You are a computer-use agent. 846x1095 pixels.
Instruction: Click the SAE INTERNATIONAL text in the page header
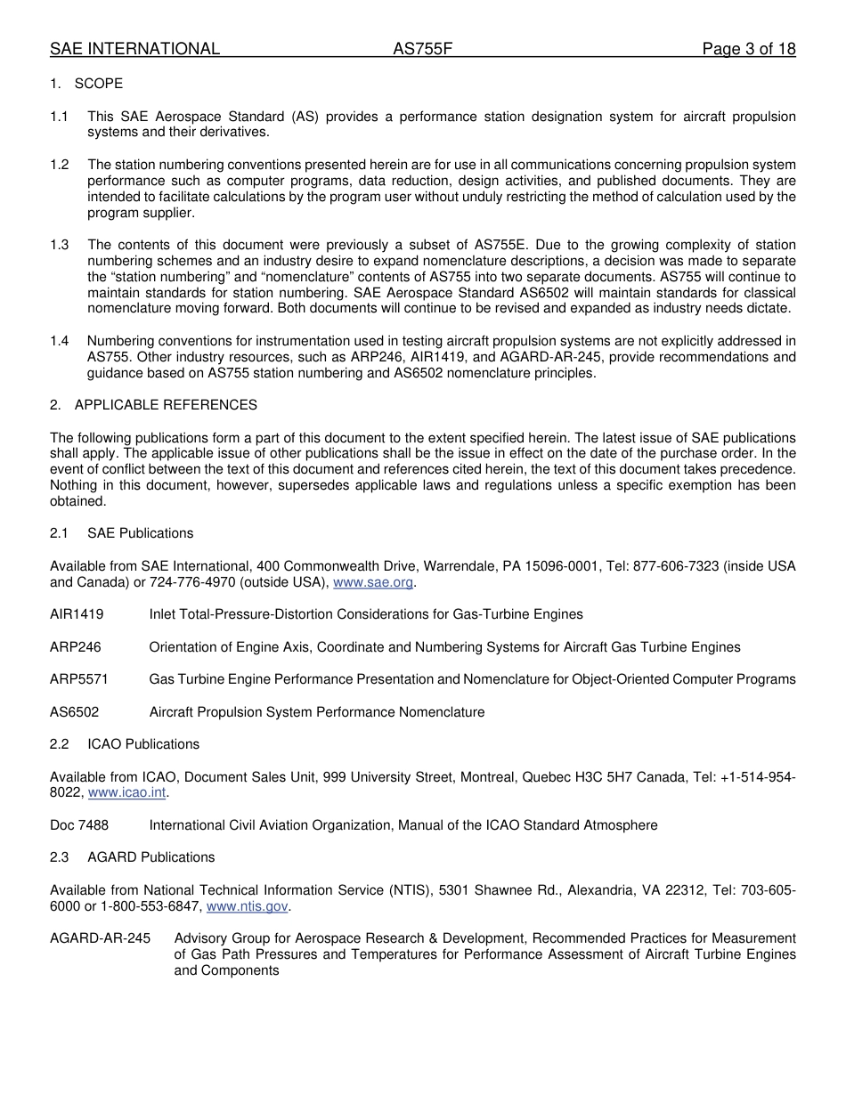(134, 49)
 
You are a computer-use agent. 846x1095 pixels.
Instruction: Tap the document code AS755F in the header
(423, 49)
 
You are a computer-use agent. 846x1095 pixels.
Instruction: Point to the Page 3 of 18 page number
(748, 49)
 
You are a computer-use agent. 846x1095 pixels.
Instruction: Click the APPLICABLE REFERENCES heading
(166, 405)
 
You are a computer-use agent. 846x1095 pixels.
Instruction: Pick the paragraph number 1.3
(59, 245)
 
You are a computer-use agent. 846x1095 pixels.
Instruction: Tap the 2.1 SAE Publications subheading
(140, 533)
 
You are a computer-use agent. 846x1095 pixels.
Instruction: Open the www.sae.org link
(373, 582)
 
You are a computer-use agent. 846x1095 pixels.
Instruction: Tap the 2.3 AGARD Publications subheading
(150, 857)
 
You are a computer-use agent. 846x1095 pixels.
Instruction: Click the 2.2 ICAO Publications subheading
(143, 744)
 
